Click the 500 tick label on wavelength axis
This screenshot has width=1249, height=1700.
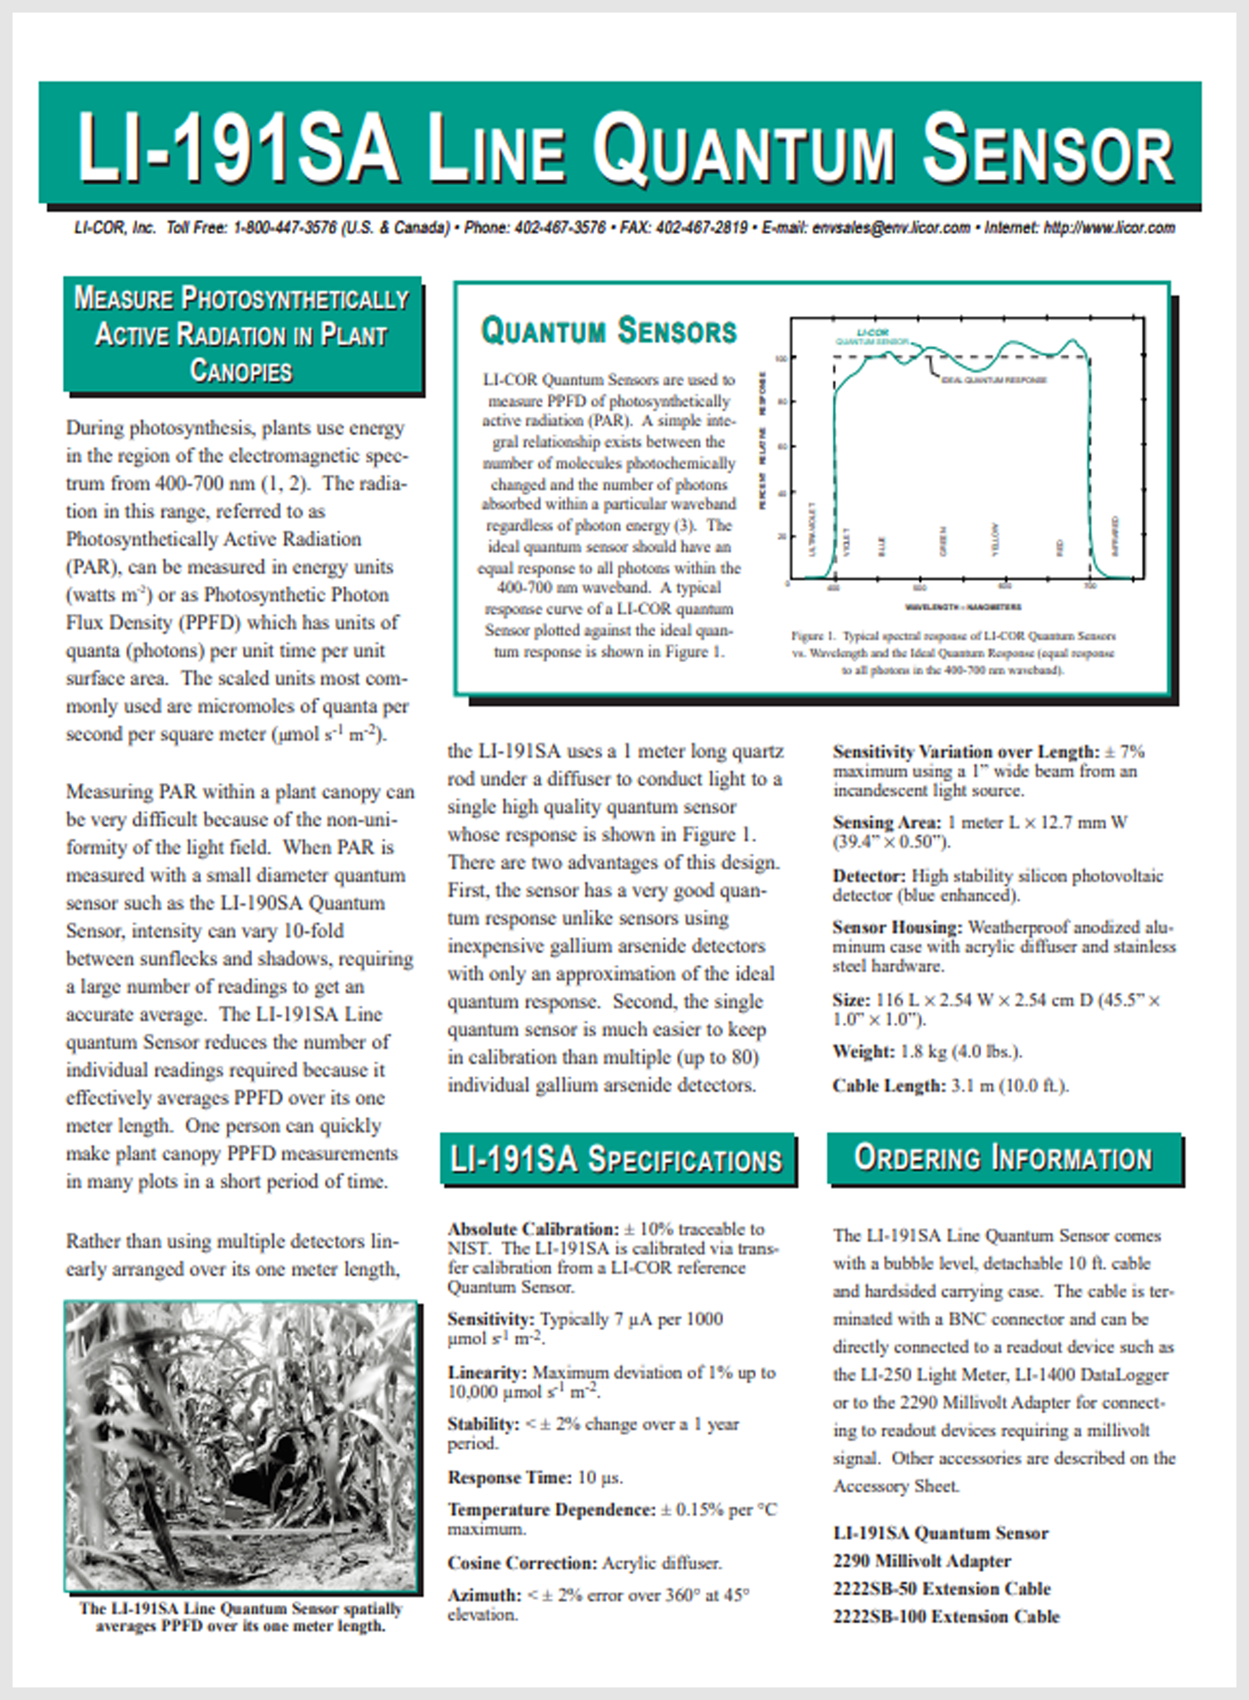point(919,588)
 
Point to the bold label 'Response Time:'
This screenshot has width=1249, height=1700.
point(509,1477)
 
